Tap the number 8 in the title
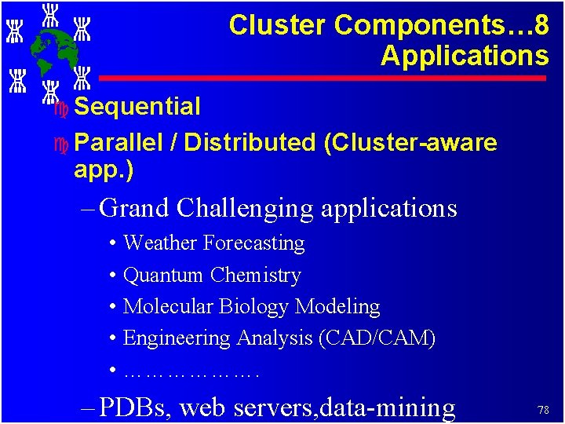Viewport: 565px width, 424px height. pos(539,25)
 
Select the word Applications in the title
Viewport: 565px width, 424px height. pos(465,56)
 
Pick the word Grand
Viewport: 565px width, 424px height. pos(135,208)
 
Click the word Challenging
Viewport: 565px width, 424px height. pos(246,208)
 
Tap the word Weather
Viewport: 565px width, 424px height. pos(160,243)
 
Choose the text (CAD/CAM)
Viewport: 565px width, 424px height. pos(377,338)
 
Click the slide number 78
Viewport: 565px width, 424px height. pos(542,410)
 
